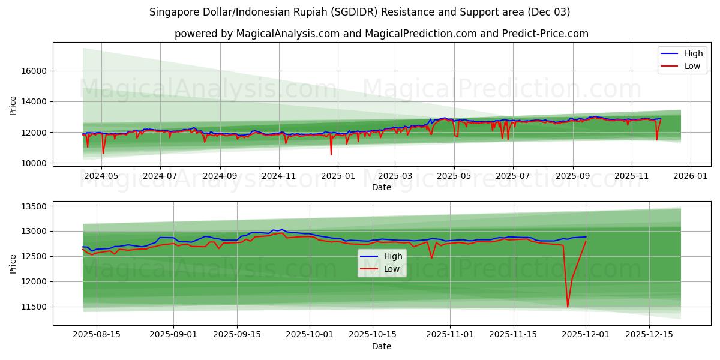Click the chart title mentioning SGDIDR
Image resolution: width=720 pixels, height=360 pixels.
tap(360, 12)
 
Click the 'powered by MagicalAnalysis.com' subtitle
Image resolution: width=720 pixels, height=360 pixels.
tap(382, 34)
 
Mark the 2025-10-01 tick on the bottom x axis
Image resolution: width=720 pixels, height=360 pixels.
tap(310, 334)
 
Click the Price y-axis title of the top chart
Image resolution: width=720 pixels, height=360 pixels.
tap(13, 106)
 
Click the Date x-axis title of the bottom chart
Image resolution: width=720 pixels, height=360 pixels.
tap(382, 346)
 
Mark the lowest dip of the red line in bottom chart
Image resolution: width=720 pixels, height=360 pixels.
tap(568, 307)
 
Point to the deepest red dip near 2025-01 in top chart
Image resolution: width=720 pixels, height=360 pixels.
tap(331, 154)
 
